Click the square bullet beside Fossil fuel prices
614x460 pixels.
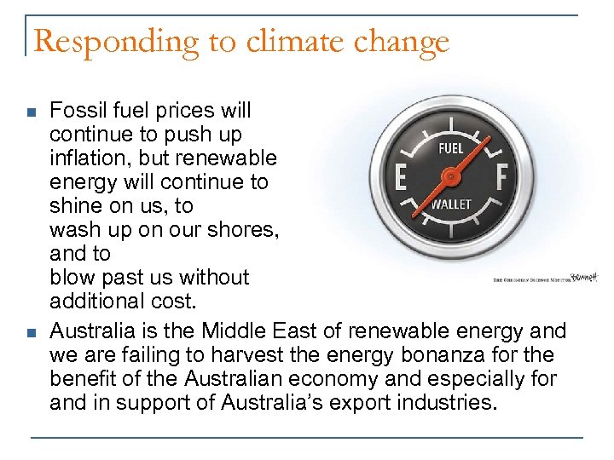pos(31,112)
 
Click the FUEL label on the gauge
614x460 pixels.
pos(450,148)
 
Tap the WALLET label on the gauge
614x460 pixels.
pos(451,204)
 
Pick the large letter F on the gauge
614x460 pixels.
pos(501,178)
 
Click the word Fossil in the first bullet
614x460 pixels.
pos(74,111)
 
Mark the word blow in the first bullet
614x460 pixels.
pos(69,278)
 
